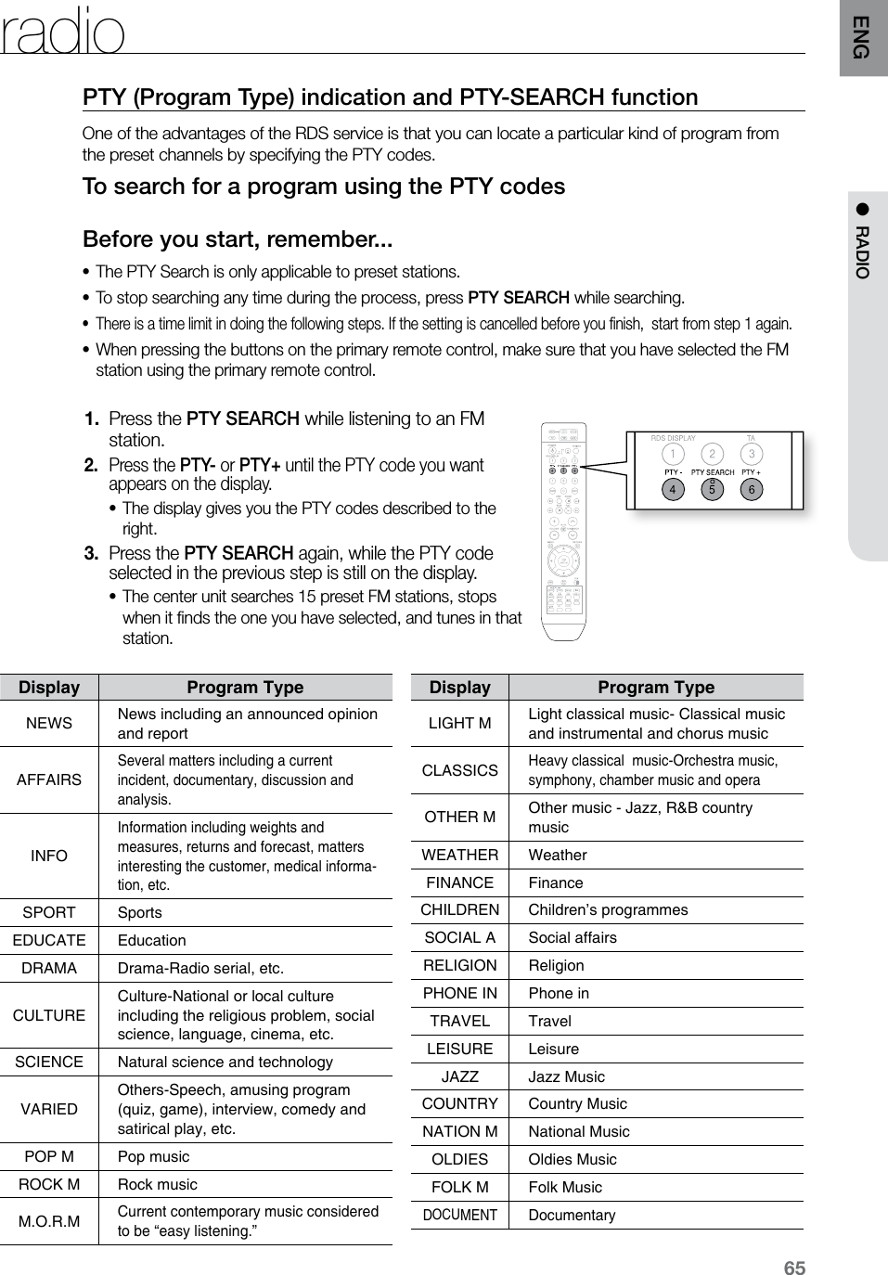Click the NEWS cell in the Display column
point(49,723)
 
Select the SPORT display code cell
point(49,912)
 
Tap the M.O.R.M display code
point(49,1221)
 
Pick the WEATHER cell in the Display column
point(460,855)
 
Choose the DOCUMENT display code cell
point(460,1215)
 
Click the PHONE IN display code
point(460,993)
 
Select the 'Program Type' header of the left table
point(245,688)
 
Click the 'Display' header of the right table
point(460,688)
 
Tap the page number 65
point(794,1269)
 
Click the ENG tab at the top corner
point(862,37)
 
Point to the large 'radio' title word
point(63,32)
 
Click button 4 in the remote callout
point(672,489)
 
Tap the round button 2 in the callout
point(712,454)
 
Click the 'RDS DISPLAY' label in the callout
point(673,438)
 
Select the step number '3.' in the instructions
point(92,553)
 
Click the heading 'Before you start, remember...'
point(238,239)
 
